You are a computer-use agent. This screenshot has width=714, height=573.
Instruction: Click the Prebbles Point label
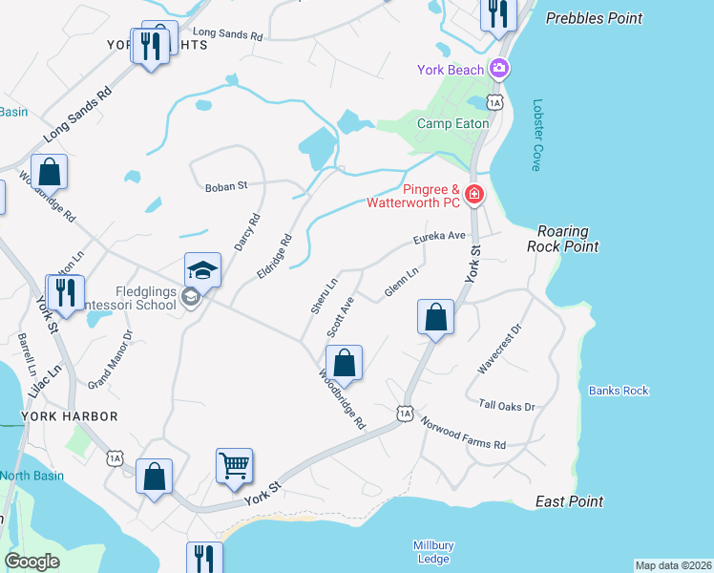pos(593,18)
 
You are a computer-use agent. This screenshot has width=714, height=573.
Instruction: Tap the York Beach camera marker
pos(498,69)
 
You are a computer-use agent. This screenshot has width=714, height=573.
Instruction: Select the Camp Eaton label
pos(452,123)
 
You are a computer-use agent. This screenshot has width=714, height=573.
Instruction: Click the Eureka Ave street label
pos(438,235)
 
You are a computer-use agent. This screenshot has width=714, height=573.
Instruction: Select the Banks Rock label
pos(619,391)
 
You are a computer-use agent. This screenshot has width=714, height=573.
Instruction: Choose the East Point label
pos(569,501)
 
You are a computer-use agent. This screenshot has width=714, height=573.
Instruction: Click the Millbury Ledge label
pos(433,551)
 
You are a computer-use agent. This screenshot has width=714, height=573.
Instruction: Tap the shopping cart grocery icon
pos(234,466)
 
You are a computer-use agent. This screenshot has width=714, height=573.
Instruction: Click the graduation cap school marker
pos(203,270)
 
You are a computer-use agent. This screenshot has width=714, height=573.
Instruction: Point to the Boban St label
pos(226,187)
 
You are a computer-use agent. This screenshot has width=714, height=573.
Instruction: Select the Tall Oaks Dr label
pos(507,406)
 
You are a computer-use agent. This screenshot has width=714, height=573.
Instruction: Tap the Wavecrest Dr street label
pos(501,348)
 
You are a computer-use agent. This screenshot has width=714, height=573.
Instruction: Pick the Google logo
pos(32,562)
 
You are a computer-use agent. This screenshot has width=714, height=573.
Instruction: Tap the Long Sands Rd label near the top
pos(227,35)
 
